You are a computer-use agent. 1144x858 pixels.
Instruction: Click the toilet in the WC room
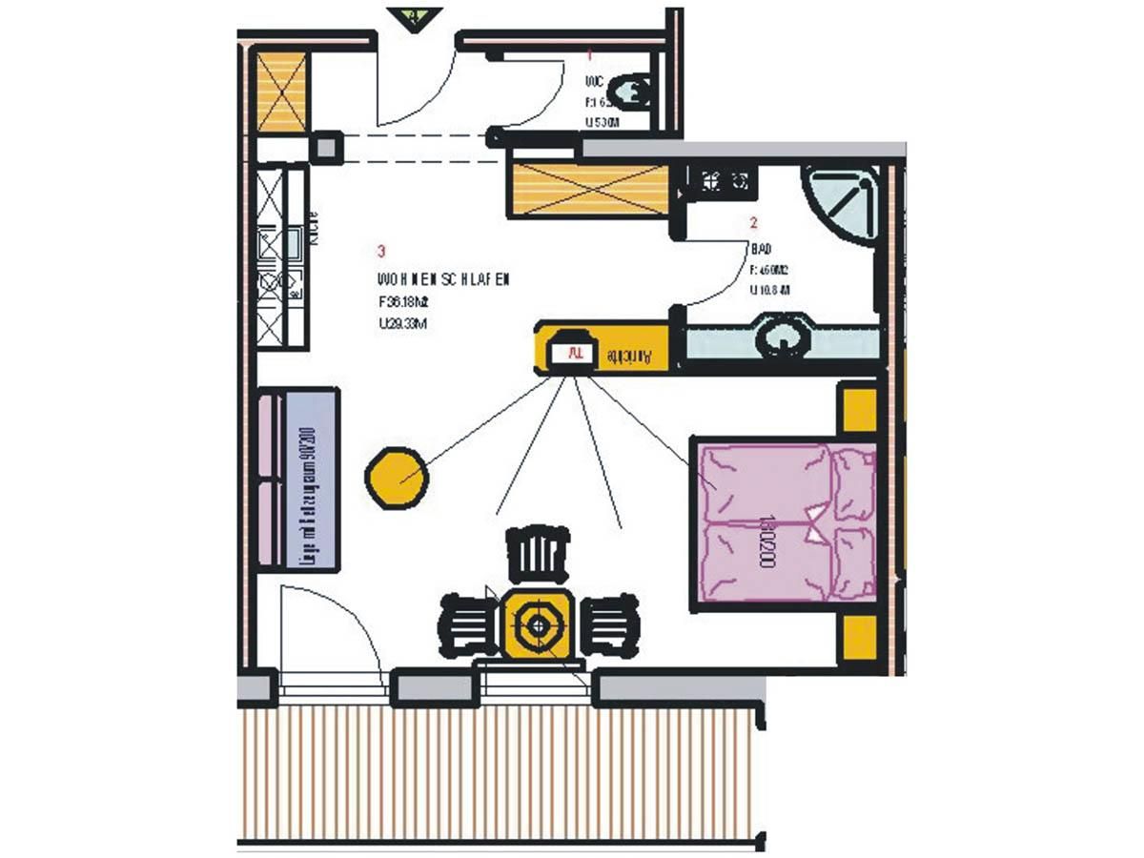[630, 92]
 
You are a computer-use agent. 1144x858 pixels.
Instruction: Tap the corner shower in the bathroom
[842, 204]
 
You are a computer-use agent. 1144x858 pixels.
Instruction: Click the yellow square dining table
[539, 625]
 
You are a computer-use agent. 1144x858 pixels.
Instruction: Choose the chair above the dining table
[540, 555]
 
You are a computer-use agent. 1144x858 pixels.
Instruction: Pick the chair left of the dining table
[468, 626]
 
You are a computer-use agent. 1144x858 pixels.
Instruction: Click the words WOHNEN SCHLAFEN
[443, 280]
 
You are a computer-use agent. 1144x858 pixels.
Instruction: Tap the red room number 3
[381, 252]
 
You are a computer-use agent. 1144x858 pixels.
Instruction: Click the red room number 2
[753, 225]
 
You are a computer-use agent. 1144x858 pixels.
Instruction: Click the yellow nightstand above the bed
[856, 408]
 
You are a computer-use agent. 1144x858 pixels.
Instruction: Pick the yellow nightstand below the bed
[857, 640]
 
